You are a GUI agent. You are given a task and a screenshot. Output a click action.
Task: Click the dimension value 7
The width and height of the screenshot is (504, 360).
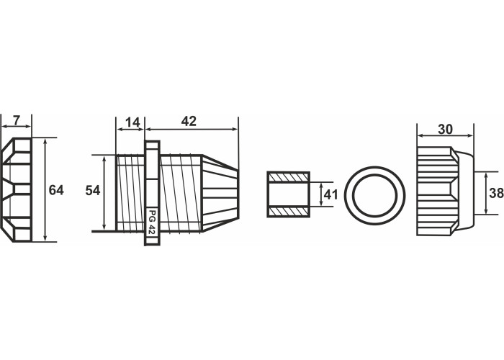(x=17, y=120)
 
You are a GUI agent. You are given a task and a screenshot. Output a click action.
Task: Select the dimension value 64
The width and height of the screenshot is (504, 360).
(x=56, y=190)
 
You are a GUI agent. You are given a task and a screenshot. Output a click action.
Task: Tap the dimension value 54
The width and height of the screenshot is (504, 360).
(x=93, y=191)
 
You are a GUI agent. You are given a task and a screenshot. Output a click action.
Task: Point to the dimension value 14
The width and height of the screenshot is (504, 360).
(x=132, y=122)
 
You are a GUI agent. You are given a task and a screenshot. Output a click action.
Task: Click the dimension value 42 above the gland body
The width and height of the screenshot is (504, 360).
(x=189, y=121)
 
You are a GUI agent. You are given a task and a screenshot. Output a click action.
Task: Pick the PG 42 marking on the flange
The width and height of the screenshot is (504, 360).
(x=152, y=222)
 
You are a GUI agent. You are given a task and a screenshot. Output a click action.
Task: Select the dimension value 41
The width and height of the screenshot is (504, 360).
(x=330, y=194)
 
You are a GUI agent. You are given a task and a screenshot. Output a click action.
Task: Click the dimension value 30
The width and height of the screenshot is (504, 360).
(x=445, y=129)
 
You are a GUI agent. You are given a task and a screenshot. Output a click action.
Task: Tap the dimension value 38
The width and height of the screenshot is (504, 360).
(x=496, y=193)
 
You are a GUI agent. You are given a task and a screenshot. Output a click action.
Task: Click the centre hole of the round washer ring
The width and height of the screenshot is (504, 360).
(x=375, y=195)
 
